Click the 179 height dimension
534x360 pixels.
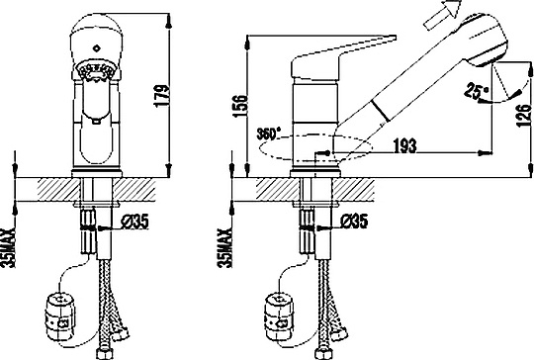161,96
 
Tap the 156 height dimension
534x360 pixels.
240,106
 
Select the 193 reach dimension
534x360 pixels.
404,145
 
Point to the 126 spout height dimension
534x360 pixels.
523,116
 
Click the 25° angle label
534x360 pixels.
476,90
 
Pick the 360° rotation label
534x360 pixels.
269,134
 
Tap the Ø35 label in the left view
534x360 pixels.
135,223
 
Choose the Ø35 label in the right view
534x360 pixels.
354,222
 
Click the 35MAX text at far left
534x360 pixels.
8,247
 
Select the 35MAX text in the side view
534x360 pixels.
224,247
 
